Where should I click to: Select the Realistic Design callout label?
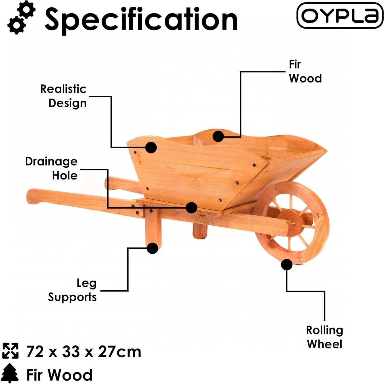pyautogui.click(x=63, y=96)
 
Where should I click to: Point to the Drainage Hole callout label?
pyautogui.click(x=51, y=168)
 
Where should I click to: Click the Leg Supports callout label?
pyautogui.click(x=72, y=290)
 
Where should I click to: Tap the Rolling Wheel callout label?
pyautogui.click(x=324, y=337)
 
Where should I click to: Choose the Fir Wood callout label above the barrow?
pyautogui.click(x=305, y=71)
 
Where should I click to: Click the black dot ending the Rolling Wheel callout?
pyautogui.click(x=287, y=264)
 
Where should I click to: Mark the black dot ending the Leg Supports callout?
pyautogui.click(x=152, y=248)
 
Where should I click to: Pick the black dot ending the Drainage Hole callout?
pyautogui.click(x=191, y=208)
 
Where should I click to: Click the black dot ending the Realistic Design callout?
pyautogui.click(x=151, y=148)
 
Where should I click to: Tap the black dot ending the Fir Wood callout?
pyautogui.click(x=218, y=136)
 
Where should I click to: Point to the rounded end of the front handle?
pyautogui.click(x=32, y=197)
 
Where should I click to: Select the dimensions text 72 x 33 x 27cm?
pyautogui.click(x=84, y=352)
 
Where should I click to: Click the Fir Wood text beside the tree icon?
pyautogui.click(x=59, y=375)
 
